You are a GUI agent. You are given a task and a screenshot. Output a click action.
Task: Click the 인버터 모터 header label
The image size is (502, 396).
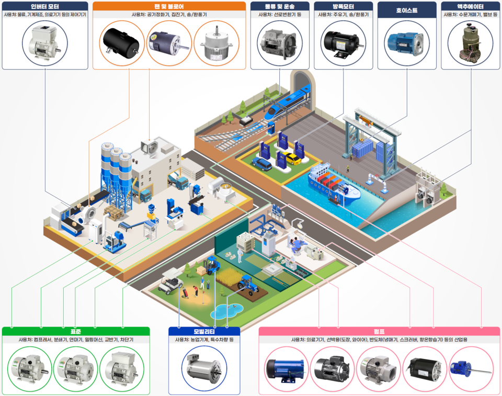[45, 6]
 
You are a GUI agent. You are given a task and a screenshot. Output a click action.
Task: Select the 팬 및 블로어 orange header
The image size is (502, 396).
[169, 6]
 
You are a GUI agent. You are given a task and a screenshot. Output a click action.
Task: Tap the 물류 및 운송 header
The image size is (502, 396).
[279, 6]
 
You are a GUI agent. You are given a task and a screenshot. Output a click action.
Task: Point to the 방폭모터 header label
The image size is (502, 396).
[343, 6]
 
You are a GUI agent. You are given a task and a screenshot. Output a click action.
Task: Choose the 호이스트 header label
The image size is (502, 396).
[407, 9]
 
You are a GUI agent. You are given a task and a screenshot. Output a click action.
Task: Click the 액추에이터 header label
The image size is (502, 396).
[471, 6]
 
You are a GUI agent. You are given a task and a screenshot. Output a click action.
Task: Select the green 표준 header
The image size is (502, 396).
[76, 331]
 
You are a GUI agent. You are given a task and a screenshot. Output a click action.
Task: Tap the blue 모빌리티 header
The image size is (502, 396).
[204, 331]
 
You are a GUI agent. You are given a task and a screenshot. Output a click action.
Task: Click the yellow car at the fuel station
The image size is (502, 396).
[293, 158]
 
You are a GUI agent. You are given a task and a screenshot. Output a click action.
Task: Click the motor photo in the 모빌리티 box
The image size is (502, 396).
[204, 365]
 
